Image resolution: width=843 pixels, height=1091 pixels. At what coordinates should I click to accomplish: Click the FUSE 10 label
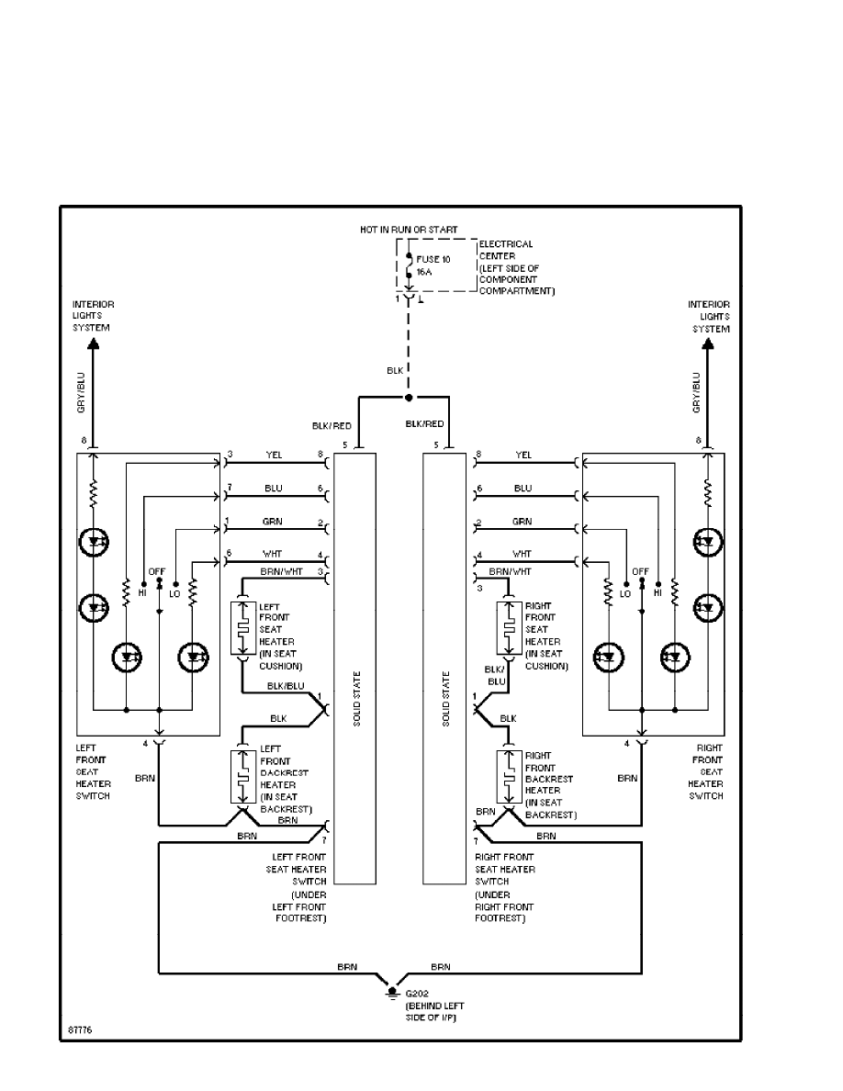[434, 260]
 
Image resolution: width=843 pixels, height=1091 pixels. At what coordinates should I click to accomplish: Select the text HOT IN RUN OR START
[409, 229]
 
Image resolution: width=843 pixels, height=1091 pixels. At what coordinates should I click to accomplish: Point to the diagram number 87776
[79, 1030]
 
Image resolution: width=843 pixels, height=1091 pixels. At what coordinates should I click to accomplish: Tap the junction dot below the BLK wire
[409, 399]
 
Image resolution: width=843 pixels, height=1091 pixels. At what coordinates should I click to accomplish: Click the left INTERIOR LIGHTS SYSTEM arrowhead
[93, 344]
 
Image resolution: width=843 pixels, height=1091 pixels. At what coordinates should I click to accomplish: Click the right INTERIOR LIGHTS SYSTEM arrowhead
[708, 344]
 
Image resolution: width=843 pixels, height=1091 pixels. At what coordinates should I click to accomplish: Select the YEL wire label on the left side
[273, 454]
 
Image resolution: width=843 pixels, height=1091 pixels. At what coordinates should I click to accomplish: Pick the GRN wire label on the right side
[523, 522]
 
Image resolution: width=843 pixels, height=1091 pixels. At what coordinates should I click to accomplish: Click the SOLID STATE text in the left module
[354, 699]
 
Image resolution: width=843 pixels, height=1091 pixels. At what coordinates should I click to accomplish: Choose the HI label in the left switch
[142, 593]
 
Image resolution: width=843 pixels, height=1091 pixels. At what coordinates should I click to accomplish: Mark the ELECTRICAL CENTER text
[506, 250]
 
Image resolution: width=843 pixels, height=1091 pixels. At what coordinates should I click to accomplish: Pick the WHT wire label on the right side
[522, 554]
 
